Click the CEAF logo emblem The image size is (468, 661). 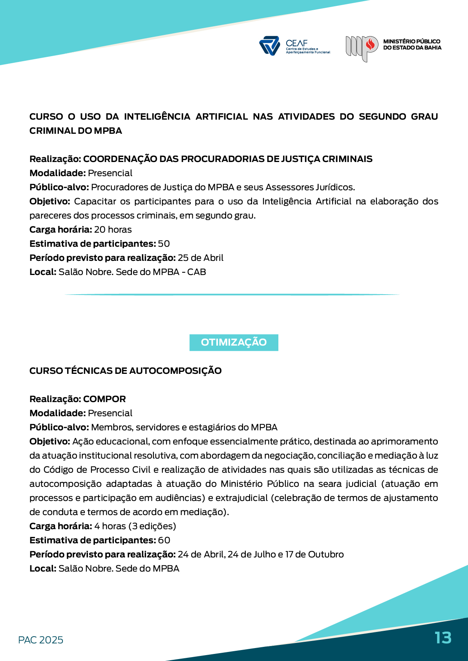tap(269, 46)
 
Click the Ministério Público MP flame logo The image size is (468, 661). tap(362, 47)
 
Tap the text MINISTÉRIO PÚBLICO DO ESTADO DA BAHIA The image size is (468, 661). tap(412, 44)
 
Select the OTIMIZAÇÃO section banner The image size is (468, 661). tap(234, 342)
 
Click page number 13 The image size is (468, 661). tap(443, 638)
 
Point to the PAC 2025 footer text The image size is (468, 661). tap(40, 640)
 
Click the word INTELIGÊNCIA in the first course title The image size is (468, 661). tap(157, 117)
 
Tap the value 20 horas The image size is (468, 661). tap(113, 229)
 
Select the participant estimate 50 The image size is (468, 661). tap(164, 244)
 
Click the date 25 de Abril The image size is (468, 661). tap(200, 258)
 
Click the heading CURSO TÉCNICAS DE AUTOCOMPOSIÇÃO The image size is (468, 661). tap(125, 371)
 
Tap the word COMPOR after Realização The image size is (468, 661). tap(104, 399)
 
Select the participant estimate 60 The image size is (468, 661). tap(164, 540)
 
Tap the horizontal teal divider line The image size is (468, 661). tap(232, 294)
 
